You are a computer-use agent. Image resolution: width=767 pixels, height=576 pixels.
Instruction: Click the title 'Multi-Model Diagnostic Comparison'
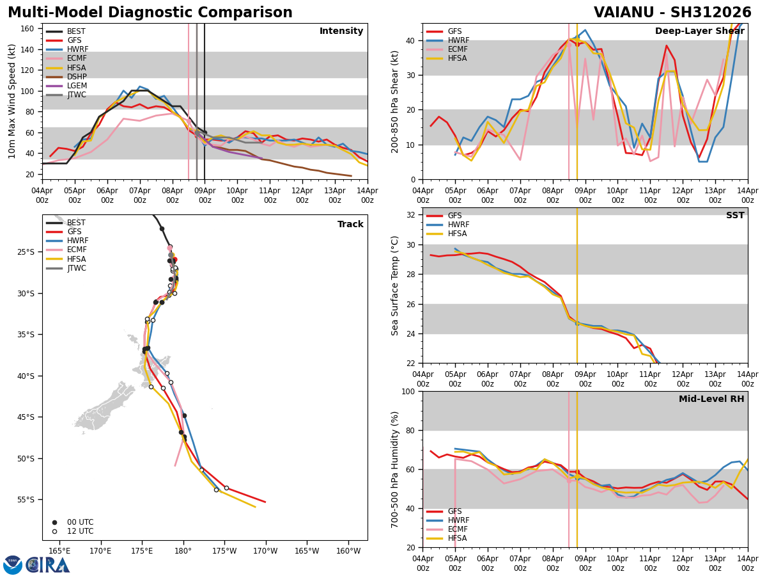tap(150, 13)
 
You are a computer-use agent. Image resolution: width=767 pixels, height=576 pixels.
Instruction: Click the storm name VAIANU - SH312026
tap(672, 13)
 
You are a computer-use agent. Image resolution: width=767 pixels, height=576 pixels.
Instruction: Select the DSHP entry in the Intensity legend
tap(76, 77)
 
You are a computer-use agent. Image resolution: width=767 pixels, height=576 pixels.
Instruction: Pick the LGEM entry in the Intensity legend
tap(77, 86)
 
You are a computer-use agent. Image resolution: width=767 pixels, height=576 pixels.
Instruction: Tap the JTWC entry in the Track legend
tap(76, 268)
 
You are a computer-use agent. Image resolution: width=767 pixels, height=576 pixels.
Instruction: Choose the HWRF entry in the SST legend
tap(458, 225)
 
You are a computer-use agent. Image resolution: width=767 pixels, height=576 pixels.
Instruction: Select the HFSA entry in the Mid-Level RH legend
tap(458, 538)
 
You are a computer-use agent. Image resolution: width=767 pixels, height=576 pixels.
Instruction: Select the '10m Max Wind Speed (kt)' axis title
tap(12, 101)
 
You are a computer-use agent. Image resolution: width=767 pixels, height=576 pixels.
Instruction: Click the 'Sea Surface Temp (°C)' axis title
tap(396, 285)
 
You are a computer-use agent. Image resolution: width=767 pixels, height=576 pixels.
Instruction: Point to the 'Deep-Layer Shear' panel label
tap(699, 31)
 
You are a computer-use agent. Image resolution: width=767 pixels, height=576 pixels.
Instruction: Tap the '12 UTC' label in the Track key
tap(80, 531)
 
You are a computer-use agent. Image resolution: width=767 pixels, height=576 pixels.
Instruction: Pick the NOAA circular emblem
tap(13, 565)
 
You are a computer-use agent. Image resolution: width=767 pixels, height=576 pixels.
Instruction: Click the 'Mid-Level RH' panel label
tap(711, 399)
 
